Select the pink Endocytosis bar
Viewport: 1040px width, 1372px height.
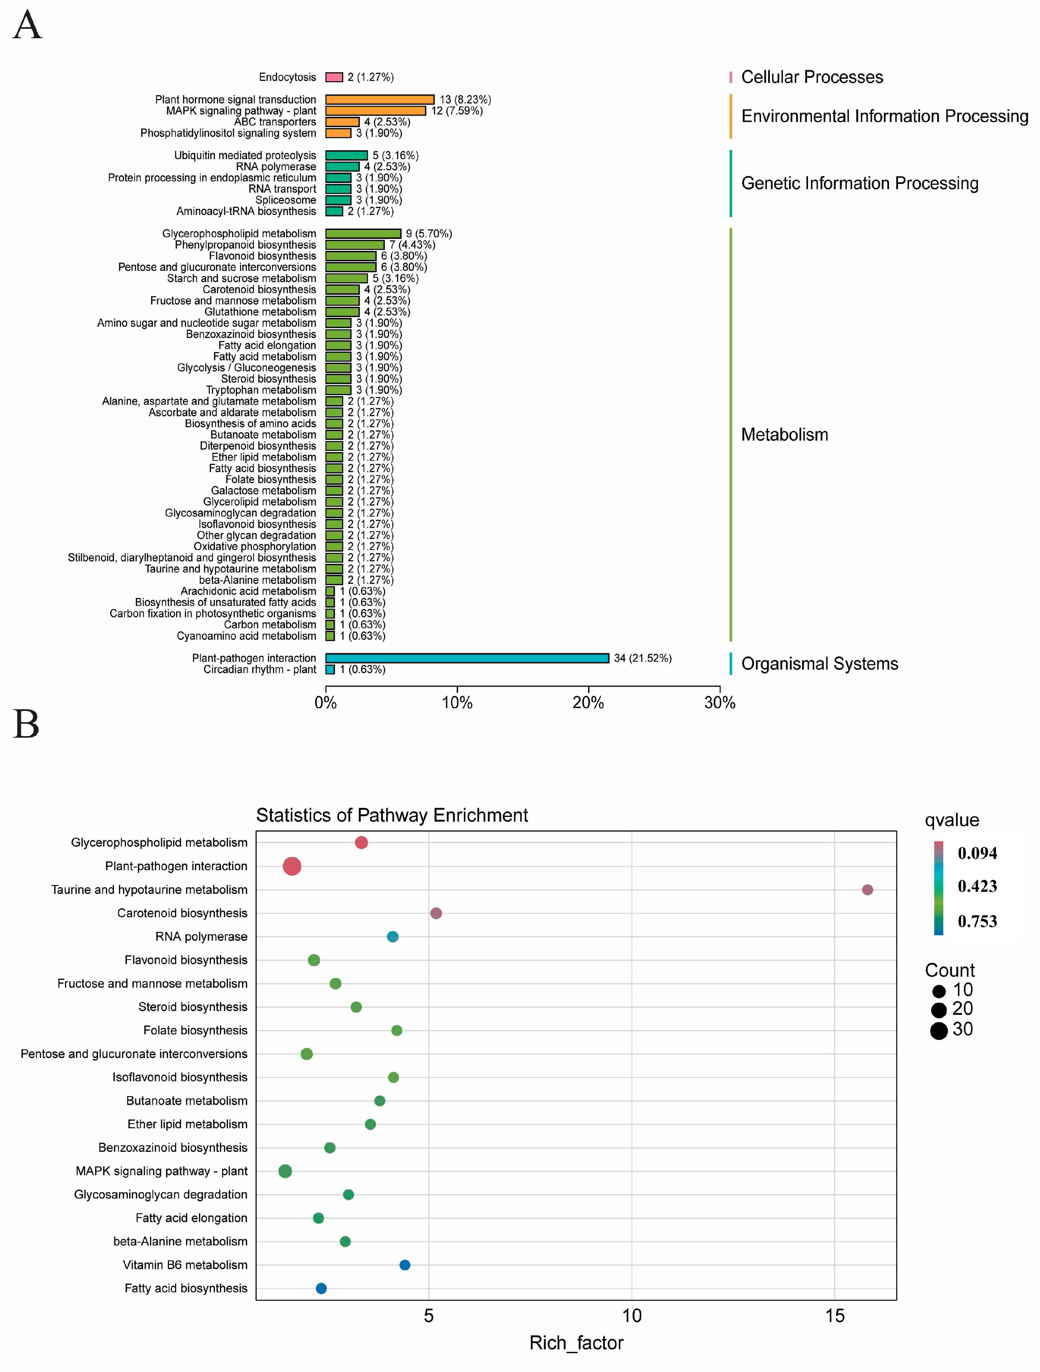(334, 77)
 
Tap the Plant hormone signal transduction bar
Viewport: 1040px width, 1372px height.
(380, 99)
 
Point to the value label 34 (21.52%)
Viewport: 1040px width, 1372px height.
(642, 658)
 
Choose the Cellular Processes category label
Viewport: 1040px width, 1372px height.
(812, 77)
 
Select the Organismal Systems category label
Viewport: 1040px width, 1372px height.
(819, 664)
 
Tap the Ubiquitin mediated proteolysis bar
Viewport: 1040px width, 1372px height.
(346, 156)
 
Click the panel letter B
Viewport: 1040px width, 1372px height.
(26, 724)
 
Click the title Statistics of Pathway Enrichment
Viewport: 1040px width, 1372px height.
(392, 815)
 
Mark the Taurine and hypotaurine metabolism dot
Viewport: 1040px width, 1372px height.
(867, 889)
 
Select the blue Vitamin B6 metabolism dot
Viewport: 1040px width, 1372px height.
(404, 1265)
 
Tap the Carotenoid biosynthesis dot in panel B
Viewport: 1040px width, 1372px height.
(436, 913)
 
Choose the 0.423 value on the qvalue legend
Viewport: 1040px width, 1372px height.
(977, 886)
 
